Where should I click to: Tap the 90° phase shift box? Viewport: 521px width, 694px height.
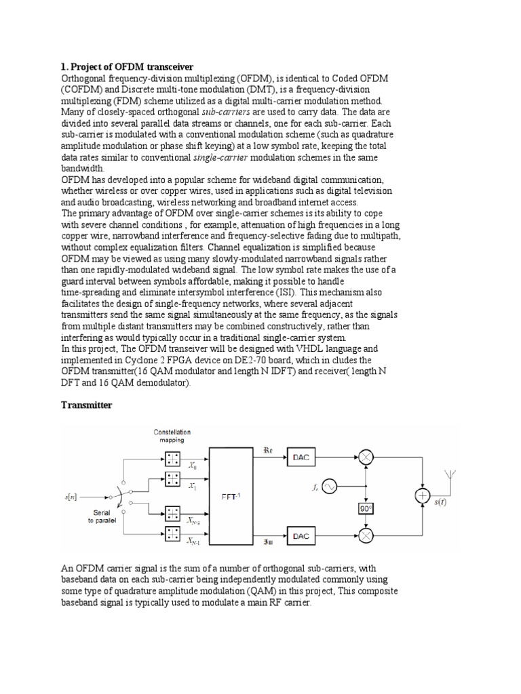pos(366,507)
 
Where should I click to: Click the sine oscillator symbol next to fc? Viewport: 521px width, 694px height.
pos(328,487)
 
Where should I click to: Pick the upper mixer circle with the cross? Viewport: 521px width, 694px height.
pos(366,458)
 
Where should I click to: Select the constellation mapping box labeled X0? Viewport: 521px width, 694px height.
pos(173,458)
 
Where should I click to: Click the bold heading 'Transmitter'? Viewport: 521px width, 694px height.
pos(87,405)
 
